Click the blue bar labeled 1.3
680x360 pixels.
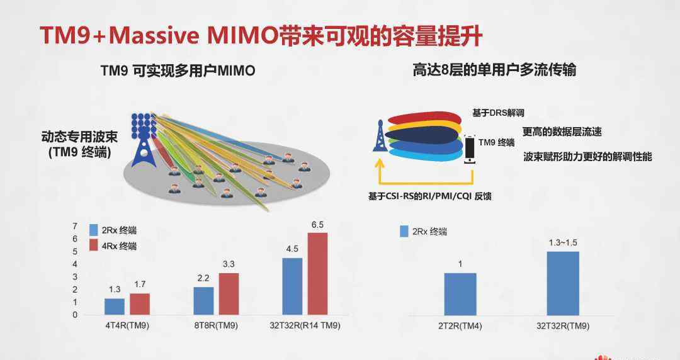pos(115,307)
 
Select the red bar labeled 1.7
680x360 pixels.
pos(140,304)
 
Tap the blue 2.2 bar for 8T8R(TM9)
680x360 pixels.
pos(203,301)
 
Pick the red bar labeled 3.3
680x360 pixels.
pos(229,294)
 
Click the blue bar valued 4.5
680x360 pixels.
pos(292,286)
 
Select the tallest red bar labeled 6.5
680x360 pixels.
pos(317,274)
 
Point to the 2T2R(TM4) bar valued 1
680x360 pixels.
pos(460,294)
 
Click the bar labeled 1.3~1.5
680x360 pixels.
pos(563,283)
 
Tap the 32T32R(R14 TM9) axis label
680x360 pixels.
pos(305,325)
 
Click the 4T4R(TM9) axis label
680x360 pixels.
pos(127,325)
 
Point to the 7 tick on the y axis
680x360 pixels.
pos(75,226)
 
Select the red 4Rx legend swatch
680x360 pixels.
pos(94,245)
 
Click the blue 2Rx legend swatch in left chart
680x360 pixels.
pos(94,230)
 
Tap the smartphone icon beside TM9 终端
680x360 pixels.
pos(470,149)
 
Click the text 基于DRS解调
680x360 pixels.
pos(498,113)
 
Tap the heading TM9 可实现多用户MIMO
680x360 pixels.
pos(178,70)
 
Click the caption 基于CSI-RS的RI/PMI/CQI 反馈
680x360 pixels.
pos(430,196)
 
